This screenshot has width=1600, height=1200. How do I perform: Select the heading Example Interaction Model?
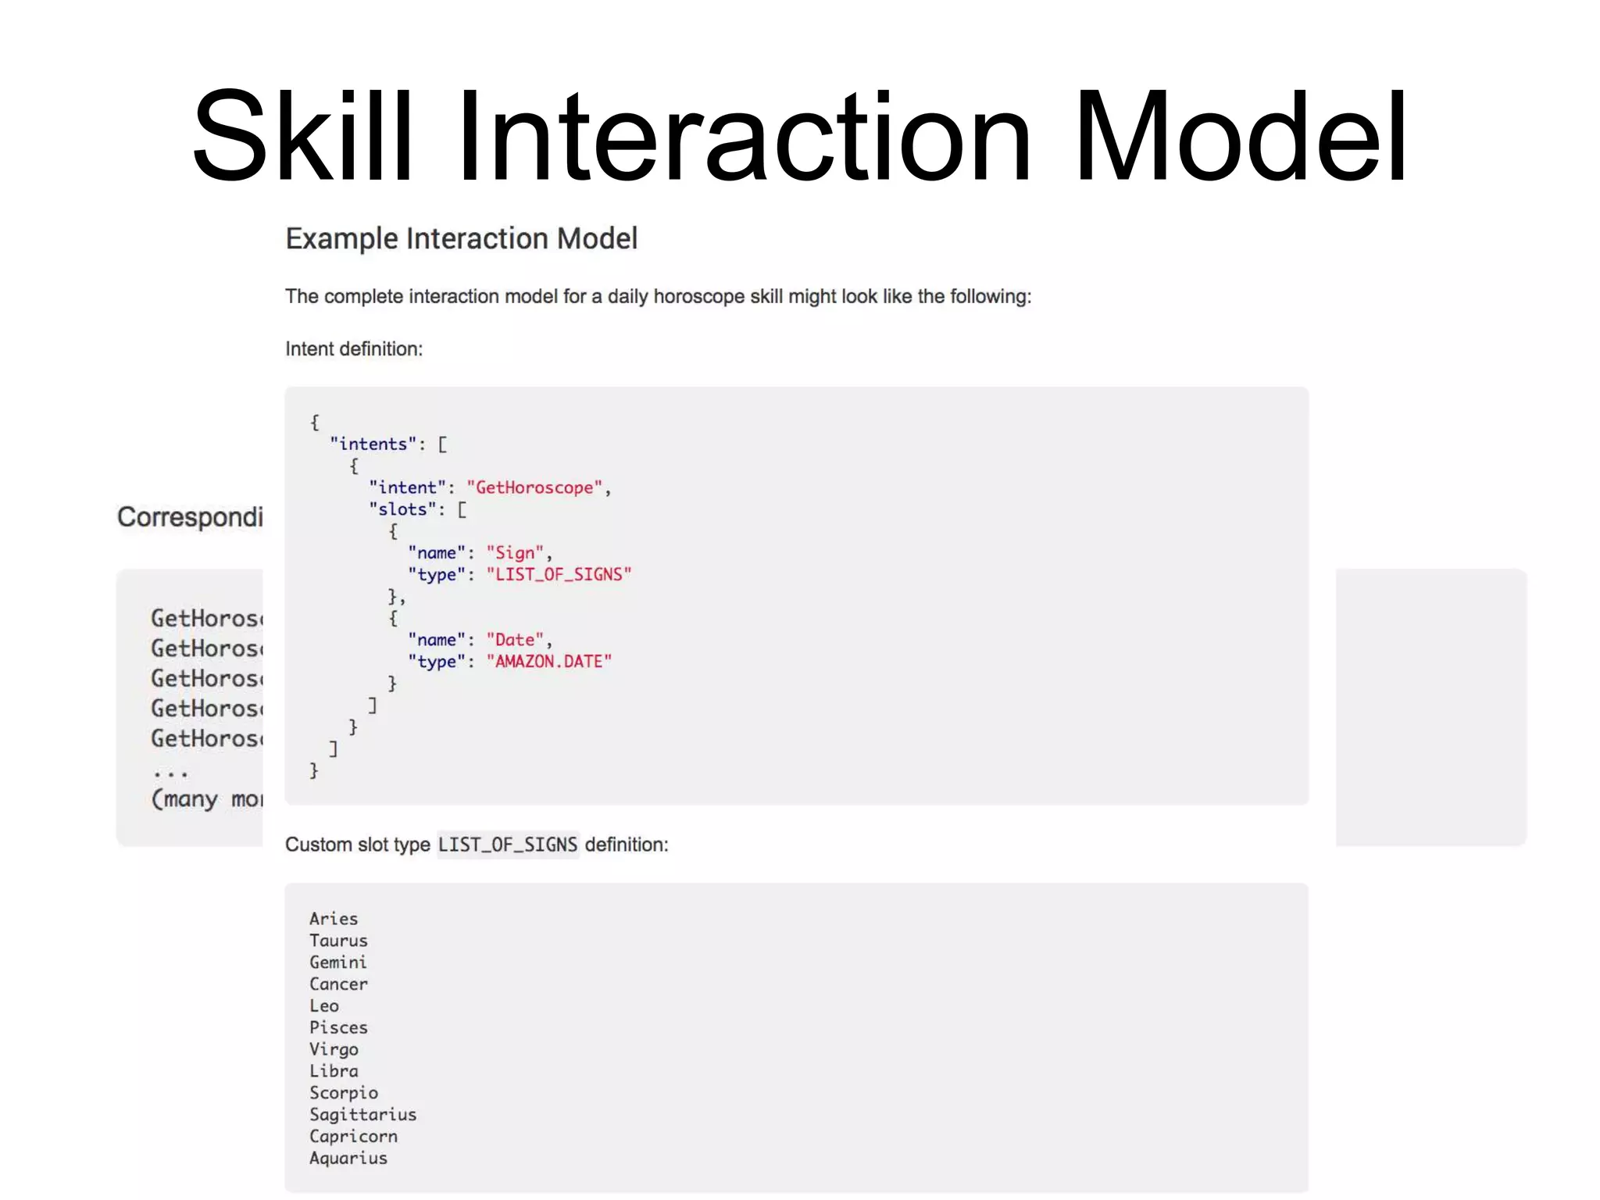coord(461,238)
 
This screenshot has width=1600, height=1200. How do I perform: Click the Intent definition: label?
coord(353,349)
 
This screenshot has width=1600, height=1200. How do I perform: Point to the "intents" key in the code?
coord(373,445)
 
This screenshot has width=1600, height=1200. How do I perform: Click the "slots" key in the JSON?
coord(402,510)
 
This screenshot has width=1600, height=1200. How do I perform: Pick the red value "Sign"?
coord(515,553)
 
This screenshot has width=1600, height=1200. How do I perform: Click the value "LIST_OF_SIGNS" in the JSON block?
coord(559,575)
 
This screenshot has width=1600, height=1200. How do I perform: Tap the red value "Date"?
coord(515,641)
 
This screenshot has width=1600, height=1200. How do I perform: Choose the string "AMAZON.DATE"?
coord(548,662)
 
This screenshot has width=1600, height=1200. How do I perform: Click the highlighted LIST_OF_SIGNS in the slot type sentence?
coord(508,845)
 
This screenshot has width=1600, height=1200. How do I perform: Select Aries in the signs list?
coord(334,919)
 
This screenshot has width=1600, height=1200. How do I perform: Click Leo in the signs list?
coord(324,1006)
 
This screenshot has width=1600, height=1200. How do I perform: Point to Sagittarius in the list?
coord(362,1115)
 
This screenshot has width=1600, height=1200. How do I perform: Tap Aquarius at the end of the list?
coord(348,1159)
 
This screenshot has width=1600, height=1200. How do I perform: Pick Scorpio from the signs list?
coord(344,1093)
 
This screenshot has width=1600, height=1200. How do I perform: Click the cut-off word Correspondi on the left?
coord(190,517)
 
